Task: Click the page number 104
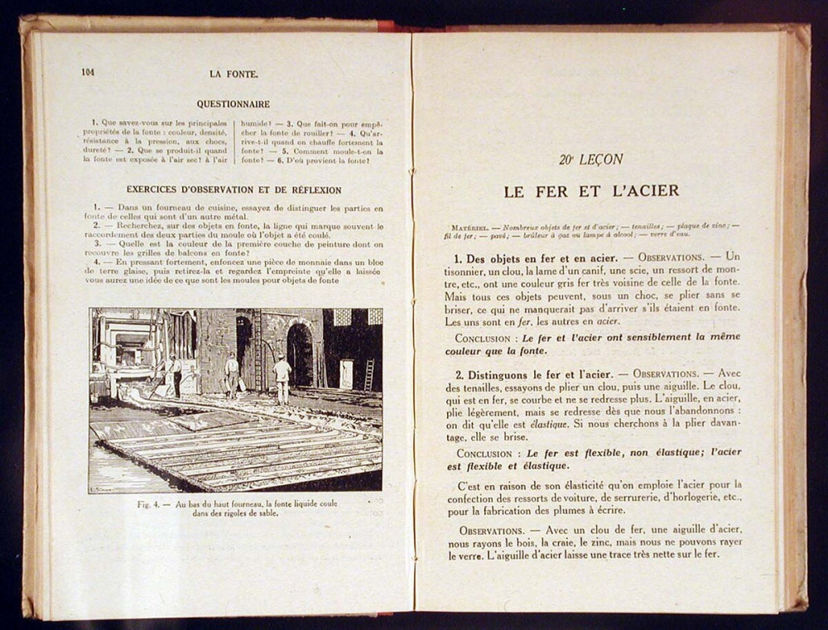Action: tap(88, 73)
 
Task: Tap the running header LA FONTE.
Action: tap(233, 74)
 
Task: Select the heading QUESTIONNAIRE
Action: tap(233, 104)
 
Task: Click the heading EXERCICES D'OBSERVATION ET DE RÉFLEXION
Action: tap(233, 190)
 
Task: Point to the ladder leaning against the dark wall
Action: tap(368, 374)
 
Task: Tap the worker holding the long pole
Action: tap(173, 374)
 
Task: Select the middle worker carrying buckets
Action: tap(232, 373)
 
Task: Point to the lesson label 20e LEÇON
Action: tap(590, 160)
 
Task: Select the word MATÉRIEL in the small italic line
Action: tap(469, 227)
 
